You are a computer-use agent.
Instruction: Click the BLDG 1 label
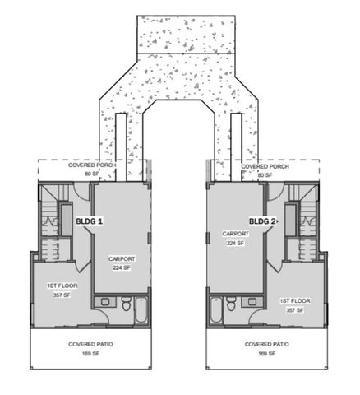pos(89,221)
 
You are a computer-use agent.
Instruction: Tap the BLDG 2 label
pos(263,221)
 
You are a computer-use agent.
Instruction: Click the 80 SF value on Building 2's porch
pos(264,174)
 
